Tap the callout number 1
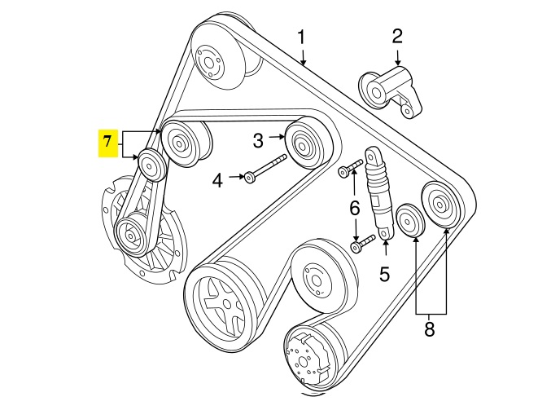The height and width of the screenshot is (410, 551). [x=301, y=37]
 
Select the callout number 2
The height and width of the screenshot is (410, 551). [x=397, y=36]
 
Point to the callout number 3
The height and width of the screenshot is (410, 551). [x=258, y=141]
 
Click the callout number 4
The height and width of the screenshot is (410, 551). [x=217, y=179]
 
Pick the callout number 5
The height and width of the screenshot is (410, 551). [x=385, y=274]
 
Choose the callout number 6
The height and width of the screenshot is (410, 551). [x=355, y=209]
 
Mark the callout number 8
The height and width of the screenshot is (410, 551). [x=431, y=330]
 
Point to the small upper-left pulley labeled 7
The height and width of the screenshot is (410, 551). [x=151, y=165]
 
